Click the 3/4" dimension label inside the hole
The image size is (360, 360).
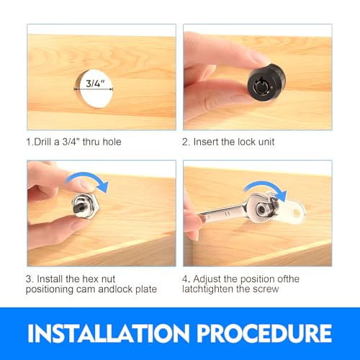pyautogui.click(x=95, y=83)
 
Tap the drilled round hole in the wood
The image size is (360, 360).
pyautogui.click(x=94, y=89)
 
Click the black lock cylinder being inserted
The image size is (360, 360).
pyautogui.click(x=266, y=82)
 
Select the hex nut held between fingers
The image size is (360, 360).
pyautogui.click(x=86, y=206)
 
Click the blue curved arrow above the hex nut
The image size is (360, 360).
pyautogui.click(x=89, y=178)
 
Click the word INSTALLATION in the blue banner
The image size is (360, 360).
pyautogui.click(x=109, y=333)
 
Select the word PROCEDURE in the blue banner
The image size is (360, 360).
pyautogui.click(x=264, y=333)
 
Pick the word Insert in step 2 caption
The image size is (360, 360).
pyautogui.click(x=206, y=142)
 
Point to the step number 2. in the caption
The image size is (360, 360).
pyautogui.click(x=186, y=142)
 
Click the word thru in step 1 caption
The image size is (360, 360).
pyautogui.click(x=91, y=142)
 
